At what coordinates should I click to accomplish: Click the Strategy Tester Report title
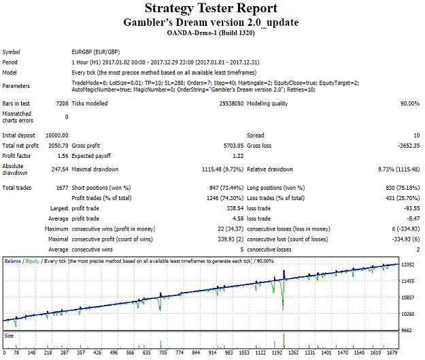[x=211, y=8]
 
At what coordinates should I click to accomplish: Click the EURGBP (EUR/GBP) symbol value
[x=96, y=52]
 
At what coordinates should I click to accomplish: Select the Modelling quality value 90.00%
[x=410, y=103]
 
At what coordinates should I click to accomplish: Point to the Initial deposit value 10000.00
[x=57, y=135]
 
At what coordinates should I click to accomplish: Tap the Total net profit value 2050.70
[x=58, y=146]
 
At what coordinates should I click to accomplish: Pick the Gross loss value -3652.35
[x=409, y=146]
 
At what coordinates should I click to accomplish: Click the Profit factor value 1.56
[x=63, y=156]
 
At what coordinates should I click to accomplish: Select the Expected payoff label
[x=91, y=156]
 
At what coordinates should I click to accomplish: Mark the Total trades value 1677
[x=62, y=188]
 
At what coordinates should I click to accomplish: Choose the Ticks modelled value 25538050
[x=231, y=103]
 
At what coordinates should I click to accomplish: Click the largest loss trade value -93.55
[x=411, y=208]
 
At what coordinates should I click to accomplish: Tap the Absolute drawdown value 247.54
[x=60, y=169]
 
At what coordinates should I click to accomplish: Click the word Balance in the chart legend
[x=13, y=261]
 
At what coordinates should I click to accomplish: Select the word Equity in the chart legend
[x=33, y=261]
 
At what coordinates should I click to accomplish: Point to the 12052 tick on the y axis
[x=407, y=265]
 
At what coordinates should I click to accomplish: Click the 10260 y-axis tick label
[x=407, y=314]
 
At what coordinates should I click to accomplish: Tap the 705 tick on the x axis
[x=163, y=353]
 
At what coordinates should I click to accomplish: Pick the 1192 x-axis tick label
[x=277, y=353]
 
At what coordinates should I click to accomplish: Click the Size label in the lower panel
[x=9, y=336]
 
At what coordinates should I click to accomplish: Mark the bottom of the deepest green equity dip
[x=283, y=310]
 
